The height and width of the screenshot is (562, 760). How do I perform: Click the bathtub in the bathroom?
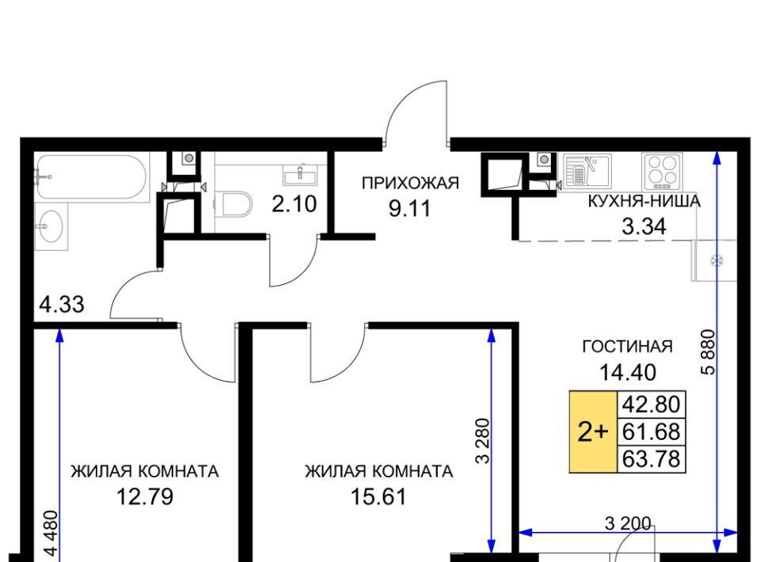point(90,177)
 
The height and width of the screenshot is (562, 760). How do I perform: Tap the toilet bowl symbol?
point(234,204)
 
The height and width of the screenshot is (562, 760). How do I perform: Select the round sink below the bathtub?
point(51,226)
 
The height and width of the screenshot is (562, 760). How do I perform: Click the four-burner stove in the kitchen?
point(662,171)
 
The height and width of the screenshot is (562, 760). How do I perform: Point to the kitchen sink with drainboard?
point(587,170)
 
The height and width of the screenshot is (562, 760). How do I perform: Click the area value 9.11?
point(409,209)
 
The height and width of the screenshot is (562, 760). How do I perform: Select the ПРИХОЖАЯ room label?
point(410,184)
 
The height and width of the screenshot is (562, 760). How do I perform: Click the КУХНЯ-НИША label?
point(644,201)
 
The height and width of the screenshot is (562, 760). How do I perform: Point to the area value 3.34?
point(644,226)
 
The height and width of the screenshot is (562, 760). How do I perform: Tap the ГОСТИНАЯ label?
point(627,347)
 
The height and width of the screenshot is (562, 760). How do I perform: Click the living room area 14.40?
point(628,372)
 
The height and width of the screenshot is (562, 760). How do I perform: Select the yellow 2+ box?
point(593,431)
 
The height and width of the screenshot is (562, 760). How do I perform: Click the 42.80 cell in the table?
point(651,404)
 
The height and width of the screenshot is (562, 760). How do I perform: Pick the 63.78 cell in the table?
point(651,459)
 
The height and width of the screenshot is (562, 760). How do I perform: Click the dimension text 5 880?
point(708,352)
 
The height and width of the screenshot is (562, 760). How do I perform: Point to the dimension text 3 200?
point(628,523)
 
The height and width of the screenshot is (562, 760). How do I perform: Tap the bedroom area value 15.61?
point(378,496)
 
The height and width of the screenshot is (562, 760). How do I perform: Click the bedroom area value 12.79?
point(145,496)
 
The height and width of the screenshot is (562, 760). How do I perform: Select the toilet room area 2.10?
point(294,204)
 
